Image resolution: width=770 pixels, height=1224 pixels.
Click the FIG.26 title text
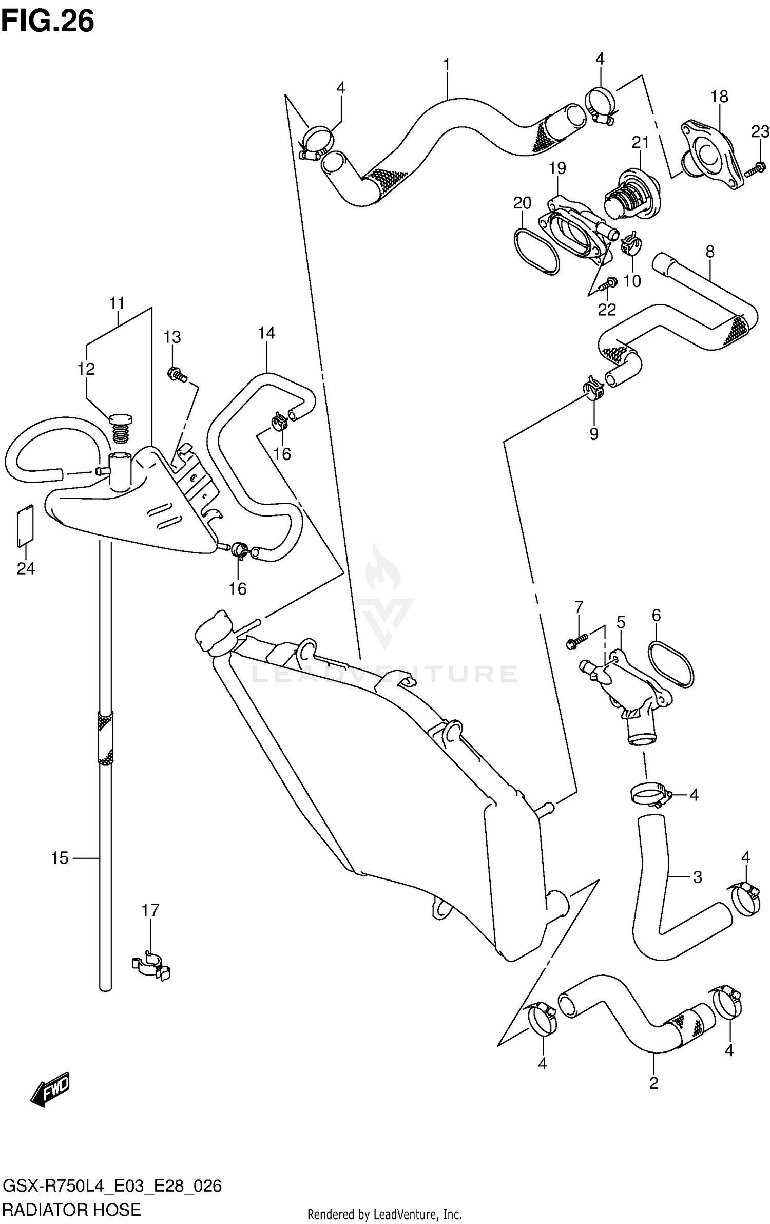(x=47, y=22)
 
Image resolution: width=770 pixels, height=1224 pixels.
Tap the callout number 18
(x=719, y=97)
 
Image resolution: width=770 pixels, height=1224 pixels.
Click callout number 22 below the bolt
(x=606, y=310)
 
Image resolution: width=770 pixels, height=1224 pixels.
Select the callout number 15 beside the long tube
(x=60, y=858)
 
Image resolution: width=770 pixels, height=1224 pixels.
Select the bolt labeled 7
(x=577, y=641)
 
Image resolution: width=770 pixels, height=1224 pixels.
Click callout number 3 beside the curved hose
(x=697, y=877)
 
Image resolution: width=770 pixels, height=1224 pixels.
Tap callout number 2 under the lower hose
(x=653, y=1083)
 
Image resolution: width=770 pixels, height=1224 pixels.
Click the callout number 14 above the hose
(x=266, y=333)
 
